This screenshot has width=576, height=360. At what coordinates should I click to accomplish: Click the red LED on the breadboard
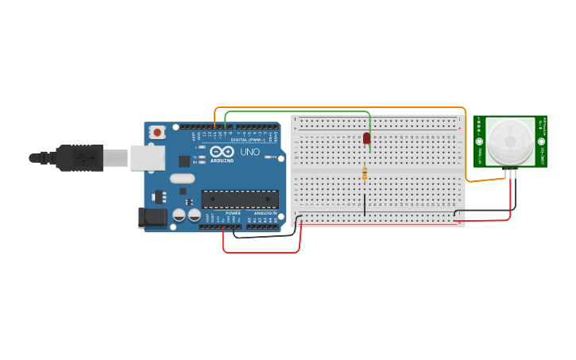pyautogui.click(x=366, y=137)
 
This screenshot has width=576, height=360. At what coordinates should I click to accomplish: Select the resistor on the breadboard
pyautogui.click(x=365, y=174)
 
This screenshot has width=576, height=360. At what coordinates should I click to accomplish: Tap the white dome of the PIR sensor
pyautogui.click(x=510, y=141)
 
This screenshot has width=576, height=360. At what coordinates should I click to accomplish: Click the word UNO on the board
pyautogui.click(x=249, y=152)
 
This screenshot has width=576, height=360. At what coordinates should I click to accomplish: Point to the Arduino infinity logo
pyautogui.click(x=222, y=151)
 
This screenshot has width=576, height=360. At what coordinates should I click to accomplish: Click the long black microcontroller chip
pyautogui.click(x=239, y=199)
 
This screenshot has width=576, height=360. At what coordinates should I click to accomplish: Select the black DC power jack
pyautogui.click(x=152, y=218)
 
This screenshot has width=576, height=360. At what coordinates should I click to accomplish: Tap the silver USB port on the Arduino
pyautogui.click(x=148, y=157)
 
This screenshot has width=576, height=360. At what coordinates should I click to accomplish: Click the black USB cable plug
pyautogui.click(x=79, y=157)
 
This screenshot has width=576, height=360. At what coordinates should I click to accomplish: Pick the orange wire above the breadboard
pyautogui.click(x=342, y=107)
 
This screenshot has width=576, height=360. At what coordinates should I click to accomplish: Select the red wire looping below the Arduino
pyautogui.click(x=262, y=253)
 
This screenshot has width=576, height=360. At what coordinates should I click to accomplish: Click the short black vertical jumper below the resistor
pyautogui.click(x=365, y=204)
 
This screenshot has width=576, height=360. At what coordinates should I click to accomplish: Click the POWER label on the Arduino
pyautogui.click(x=233, y=213)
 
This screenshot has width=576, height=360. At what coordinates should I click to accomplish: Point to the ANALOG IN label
pyautogui.click(x=265, y=213)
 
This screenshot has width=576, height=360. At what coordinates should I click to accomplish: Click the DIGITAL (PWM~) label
pyautogui.click(x=247, y=140)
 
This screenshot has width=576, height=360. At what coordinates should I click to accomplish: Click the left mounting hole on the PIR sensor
pyautogui.click(x=479, y=142)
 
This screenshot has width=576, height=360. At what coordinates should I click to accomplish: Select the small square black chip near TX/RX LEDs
pyautogui.click(x=184, y=161)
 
